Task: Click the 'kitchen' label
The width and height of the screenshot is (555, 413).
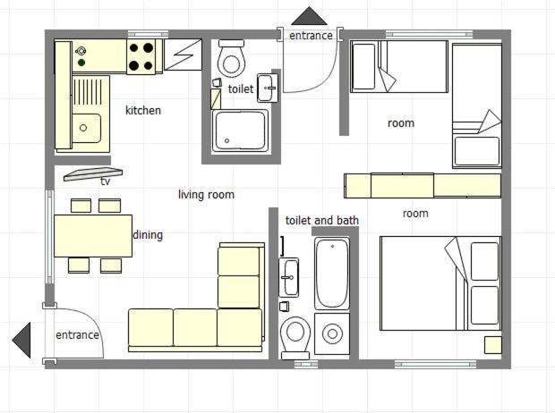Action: tap(143, 110)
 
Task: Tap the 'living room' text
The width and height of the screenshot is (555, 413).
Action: tap(206, 195)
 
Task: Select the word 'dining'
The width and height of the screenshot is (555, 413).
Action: tap(148, 235)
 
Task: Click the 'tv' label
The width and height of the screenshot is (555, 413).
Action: tap(105, 181)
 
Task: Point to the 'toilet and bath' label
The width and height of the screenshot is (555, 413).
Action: tap(322, 220)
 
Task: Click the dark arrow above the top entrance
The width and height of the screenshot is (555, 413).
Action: tap(310, 16)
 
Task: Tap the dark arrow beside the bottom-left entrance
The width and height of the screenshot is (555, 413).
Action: tap(21, 341)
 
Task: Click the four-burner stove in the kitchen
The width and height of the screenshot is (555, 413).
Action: tap(141, 56)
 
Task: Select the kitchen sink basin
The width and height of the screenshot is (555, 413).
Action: tap(86, 128)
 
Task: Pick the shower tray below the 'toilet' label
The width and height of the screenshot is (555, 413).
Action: tap(240, 131)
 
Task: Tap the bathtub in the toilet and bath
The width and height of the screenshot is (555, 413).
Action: tap(331, 274)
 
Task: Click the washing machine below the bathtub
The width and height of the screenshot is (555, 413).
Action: tap(332, 333)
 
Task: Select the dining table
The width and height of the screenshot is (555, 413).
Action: tap(93, 236)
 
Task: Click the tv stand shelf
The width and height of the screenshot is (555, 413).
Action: tap(93, 174)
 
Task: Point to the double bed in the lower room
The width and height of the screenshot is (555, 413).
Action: tap(440, 283)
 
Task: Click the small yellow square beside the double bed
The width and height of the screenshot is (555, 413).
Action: tap(492, 345)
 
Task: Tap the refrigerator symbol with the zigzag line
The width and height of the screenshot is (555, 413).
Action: tap(183, 55)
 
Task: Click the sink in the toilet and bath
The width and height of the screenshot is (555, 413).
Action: tap(289, 277)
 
